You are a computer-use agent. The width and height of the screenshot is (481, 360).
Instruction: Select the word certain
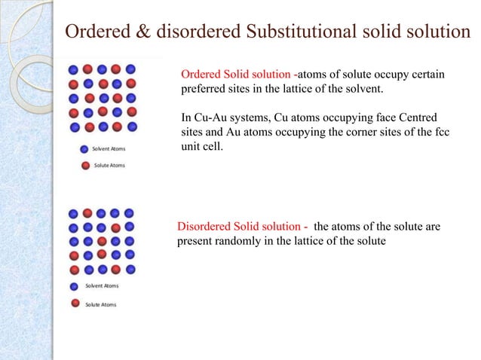pyautogui.click(x=423, y=75)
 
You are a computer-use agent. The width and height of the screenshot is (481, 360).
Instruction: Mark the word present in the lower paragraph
pyautogui.click(x=195, y=242)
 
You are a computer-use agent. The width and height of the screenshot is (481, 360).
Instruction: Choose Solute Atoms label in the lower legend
pyautogui.click(x=100, y=304)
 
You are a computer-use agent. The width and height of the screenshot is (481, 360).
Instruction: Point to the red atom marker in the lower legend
pyautogui.click(x=74, y=304)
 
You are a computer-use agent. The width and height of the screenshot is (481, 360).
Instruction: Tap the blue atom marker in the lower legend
pyautogui.click(x=74, y=286)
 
